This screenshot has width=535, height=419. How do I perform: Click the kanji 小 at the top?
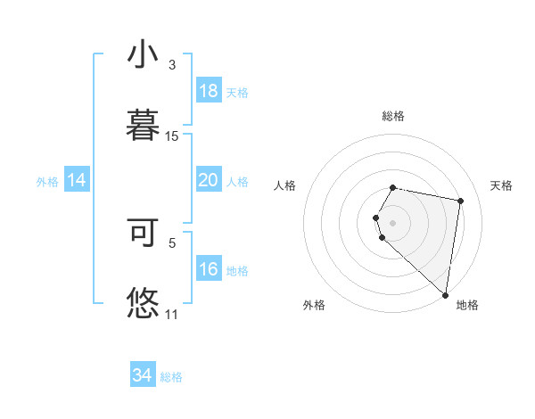pos(142,55)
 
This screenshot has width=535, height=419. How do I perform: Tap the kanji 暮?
pos(142,124)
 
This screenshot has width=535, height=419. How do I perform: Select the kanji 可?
pos(142,232)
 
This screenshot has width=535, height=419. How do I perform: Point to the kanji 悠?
pos(142,301)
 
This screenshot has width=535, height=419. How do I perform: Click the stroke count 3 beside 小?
pos(172,65)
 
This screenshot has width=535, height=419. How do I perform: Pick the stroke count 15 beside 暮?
pos(172,136)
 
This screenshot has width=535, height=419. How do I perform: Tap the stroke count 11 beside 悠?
pos(172,314)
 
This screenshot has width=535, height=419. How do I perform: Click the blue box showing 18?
pos(208,91)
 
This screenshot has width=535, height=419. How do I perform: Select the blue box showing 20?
pos(208,180)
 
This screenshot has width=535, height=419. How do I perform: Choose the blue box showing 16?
pos(208,269)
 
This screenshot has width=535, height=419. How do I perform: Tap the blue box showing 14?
pos(77,180)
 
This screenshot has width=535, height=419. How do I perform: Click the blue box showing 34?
pos(142,375)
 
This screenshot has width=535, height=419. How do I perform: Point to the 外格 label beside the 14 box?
pos(47,182)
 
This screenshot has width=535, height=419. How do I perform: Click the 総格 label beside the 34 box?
pos(171,377)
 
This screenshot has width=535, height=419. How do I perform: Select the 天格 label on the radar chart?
pos(501,185)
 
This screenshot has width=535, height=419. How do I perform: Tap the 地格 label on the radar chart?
pos(467,305)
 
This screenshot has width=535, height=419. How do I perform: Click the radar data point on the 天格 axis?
pos(460,201)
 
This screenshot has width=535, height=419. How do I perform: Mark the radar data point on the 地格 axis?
pos(445,294)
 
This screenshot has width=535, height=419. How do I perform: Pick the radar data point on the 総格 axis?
pos(393,187)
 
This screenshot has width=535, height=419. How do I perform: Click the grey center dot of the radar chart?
pos(393,222)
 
